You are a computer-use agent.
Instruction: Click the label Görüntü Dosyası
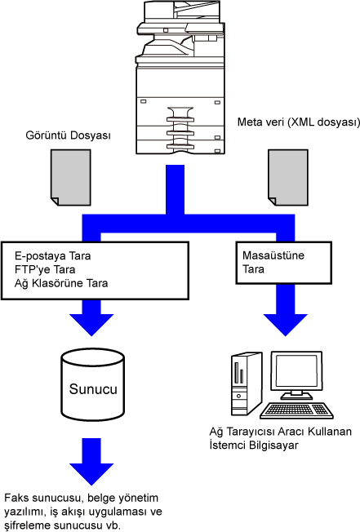[x=69, y=135]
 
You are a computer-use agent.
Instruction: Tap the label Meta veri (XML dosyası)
[x=299, y=122]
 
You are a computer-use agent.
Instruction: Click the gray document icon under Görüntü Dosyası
[x=71, y=177]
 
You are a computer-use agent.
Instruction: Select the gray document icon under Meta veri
[x=288, y=177]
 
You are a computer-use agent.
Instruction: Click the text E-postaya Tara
[x=52, y=255]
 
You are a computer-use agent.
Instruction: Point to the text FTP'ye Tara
[x=45, y=269]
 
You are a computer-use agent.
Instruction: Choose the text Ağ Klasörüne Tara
[x=61, y=283]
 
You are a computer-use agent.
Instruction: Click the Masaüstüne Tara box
[x=283, y=263]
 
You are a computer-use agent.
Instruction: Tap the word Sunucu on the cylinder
[x=93, y=389]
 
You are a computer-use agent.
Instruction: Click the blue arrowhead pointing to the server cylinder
[x=91, y=324]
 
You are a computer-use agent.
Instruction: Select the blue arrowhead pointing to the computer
[x=286, y=324]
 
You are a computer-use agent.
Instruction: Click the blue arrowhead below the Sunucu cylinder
[x=91, y=473]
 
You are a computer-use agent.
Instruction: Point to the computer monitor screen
[x=296, y=370]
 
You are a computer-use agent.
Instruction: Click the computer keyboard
[x=296, y=410]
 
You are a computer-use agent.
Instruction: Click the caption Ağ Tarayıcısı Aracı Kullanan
[x=280, y=432]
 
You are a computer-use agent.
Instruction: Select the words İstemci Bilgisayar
[x=254, y=446]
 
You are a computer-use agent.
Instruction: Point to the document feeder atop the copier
[x=182, y=11]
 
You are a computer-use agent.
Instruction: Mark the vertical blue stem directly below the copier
[x=175, y=189]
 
